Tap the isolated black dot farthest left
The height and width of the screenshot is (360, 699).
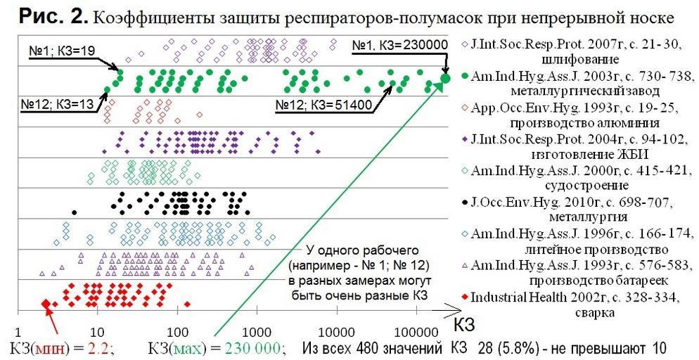pos(75,211)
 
